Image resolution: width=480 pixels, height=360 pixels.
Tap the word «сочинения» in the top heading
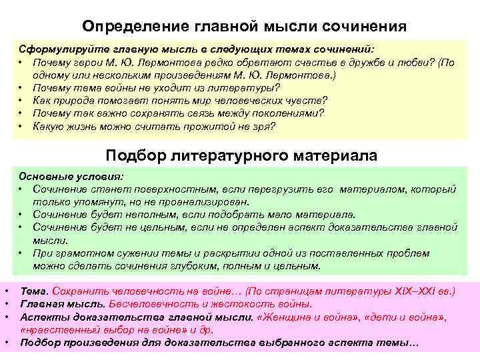pyautogui.click(x=365, y=27)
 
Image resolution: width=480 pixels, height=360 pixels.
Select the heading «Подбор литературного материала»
pyautogui.click(x=241, y=155)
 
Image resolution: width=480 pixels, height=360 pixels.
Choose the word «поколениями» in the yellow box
pyautogui.click(x=287, y=113)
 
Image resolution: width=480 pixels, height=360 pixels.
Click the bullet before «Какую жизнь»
pyautogui.click(x=22, y=125)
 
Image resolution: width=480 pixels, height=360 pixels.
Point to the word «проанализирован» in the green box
pyautogui.click(x=211, y=202)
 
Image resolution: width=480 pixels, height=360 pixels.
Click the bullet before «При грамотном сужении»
pyautogui.click(x=22, y=253)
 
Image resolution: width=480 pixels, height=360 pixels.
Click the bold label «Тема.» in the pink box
pyautogui.click(x=35, y=292)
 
